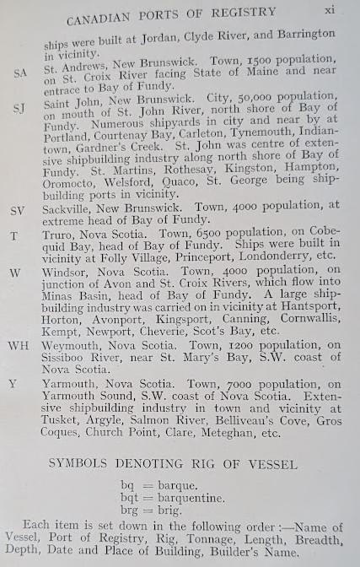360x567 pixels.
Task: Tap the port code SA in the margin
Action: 20,73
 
